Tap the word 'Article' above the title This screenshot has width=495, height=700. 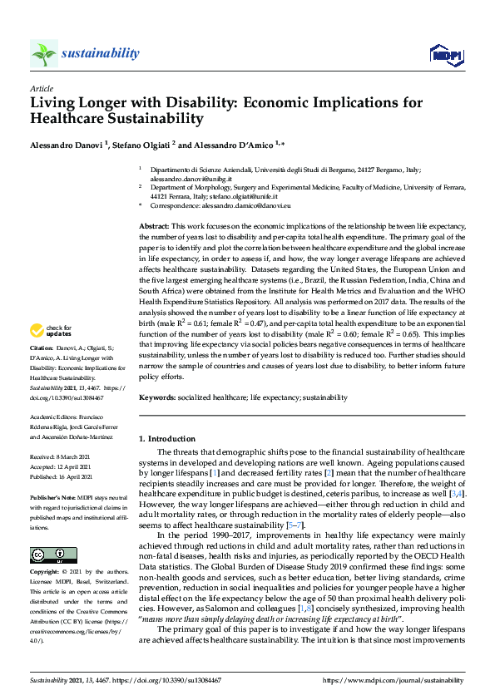coord(41,88)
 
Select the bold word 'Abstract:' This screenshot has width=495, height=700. coord(153,226)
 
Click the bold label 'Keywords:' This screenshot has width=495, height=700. coord(157,398)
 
